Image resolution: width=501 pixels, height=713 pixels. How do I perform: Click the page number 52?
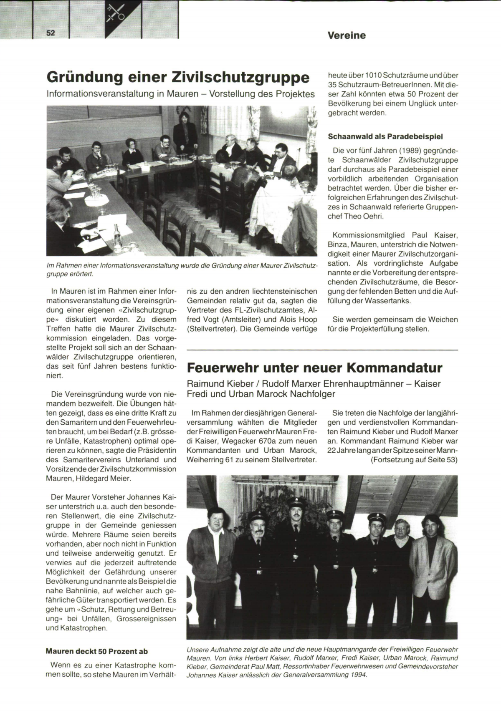pos(51,33)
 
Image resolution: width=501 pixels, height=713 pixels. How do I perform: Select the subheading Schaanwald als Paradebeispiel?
pos(385,136)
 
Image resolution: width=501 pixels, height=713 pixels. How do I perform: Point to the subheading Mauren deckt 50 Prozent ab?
pos(96,651)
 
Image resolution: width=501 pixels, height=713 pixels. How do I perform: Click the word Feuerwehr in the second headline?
pos(222,368)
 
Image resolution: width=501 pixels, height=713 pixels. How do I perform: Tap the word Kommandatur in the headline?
pos(394,368)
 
